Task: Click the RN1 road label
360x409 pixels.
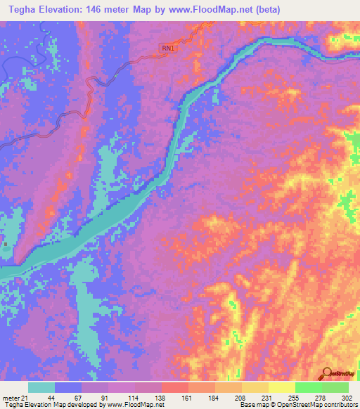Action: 168,48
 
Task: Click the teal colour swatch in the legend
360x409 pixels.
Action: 41,387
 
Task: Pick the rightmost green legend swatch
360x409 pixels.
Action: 335,387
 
